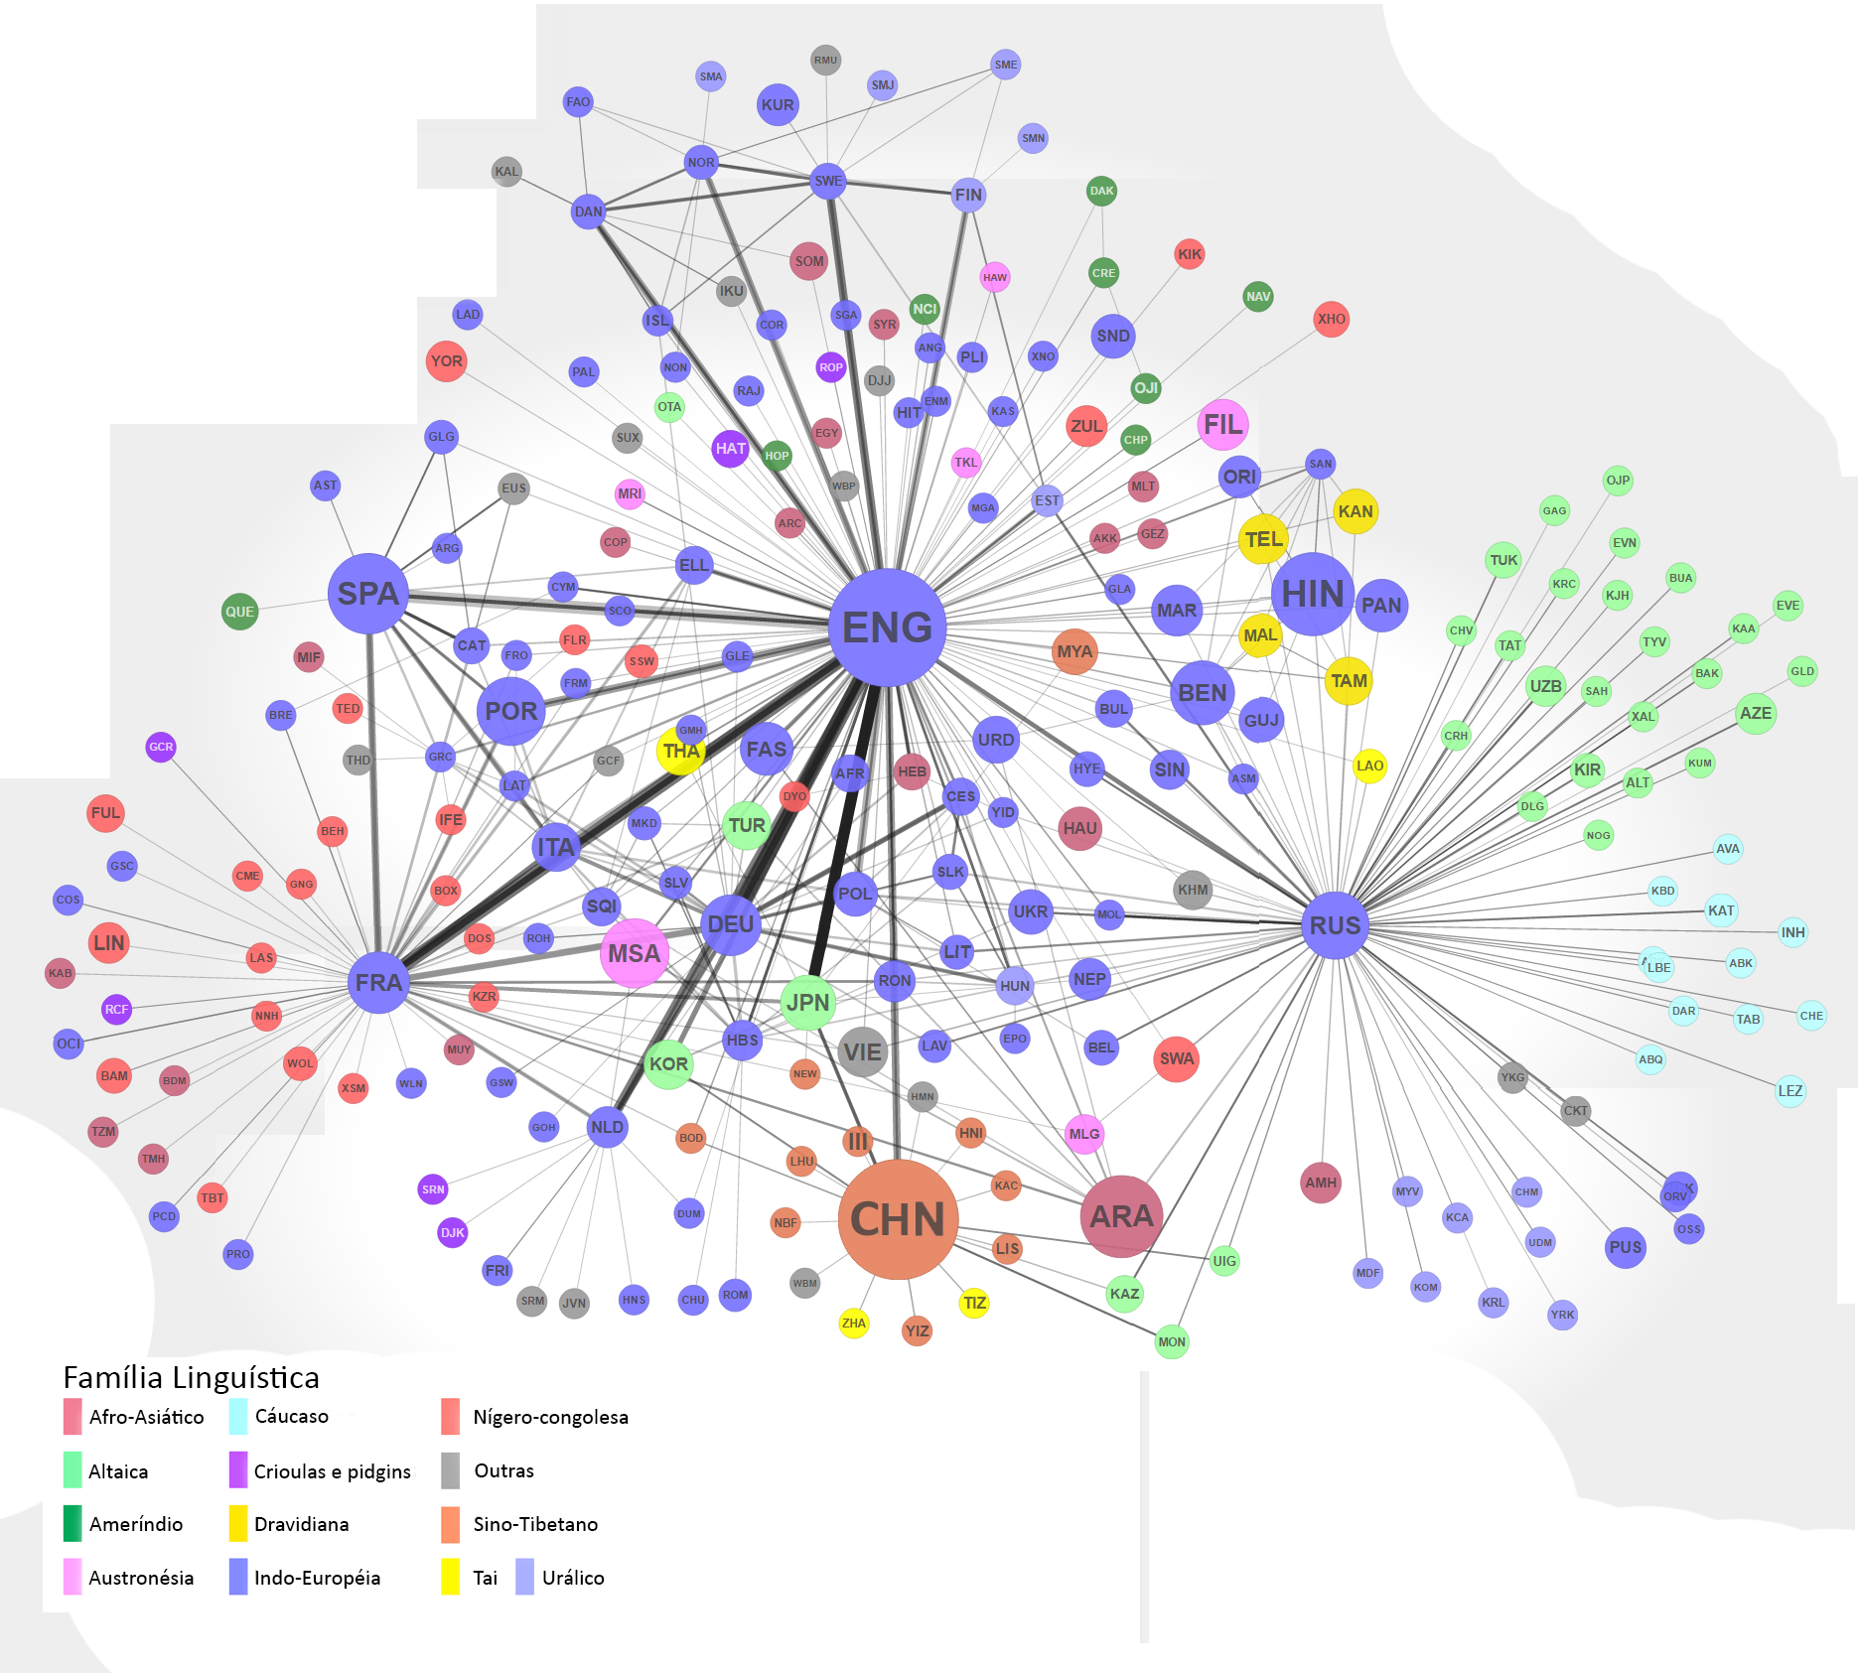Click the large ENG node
[887, 627]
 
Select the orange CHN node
[898, 1219]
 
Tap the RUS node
[1335, 925]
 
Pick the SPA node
[367, 594]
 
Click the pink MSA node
[634, 953]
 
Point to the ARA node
[1121, 1216]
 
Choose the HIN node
[1312, 594]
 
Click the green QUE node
[239, 612]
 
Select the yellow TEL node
[1263, 539]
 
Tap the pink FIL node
[1222, 425]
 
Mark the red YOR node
[446, 361]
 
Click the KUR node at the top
[778, 105]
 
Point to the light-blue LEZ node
[1789, 1091]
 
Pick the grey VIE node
[862, 1051]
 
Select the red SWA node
[1177, 1058]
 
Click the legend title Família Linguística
[191, 1377]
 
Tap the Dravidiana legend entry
[301, 1524]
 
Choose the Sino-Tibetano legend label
[535, 1524]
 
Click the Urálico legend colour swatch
[525, 1577]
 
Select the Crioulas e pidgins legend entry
[332, 1471]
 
